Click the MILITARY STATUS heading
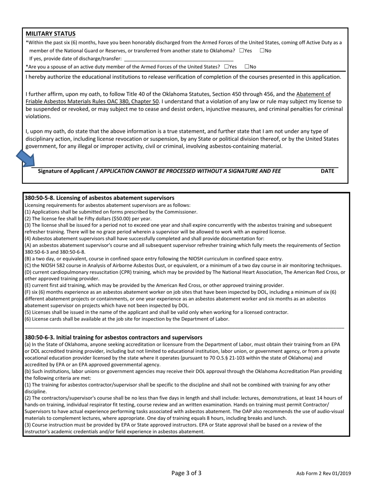point(51,34)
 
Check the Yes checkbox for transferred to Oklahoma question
point(241,51)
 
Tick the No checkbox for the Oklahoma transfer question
point(262,51)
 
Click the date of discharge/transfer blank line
point(178,59)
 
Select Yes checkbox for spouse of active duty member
point(227,67)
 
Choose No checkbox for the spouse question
point(247,67)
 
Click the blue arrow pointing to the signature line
point(26,159)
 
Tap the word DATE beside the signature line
point(327,171)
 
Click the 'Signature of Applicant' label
point(66,171)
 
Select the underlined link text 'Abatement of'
point(313,94)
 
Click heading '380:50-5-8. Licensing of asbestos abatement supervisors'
point(99,198)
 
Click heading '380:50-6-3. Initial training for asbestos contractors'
point(113,337)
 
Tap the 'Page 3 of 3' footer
point(186,473)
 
